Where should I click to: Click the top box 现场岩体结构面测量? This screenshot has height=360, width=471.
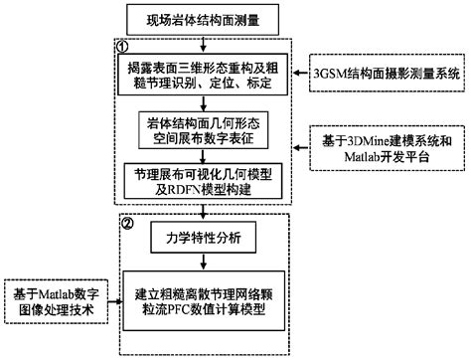click(x=204, y=20)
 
